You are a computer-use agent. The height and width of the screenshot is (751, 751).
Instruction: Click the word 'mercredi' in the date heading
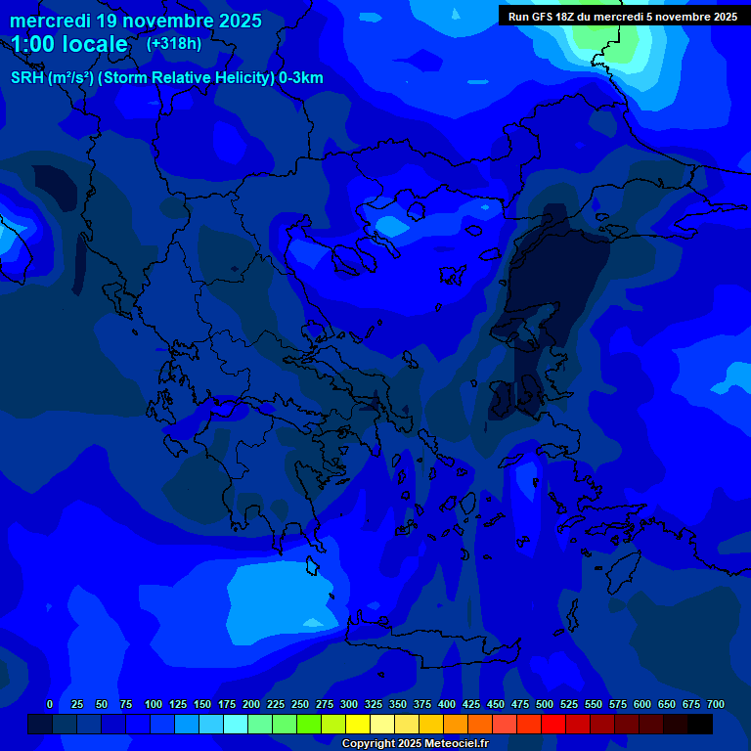[50, 21]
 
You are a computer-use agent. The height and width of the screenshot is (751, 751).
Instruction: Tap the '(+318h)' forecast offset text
[173, 44]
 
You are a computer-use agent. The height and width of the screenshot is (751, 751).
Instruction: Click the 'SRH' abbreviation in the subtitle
[26, 78]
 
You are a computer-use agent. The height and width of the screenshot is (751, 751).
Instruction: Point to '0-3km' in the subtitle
[301, 78]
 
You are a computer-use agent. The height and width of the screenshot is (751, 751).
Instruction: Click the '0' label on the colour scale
[50, 704]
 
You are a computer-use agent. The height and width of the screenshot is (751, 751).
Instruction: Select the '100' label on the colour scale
[154, 704]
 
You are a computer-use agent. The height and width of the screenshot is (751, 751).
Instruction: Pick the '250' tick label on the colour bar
[300, 704]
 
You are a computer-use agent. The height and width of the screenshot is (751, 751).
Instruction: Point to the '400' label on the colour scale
[447, 704]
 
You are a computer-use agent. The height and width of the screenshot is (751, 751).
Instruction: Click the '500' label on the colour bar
[545, 704]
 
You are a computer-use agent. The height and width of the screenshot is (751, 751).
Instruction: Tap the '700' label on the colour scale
[716, 704]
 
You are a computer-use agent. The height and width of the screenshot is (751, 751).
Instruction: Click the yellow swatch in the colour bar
[358, 725]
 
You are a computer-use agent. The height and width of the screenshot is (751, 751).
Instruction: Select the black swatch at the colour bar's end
[700, 725]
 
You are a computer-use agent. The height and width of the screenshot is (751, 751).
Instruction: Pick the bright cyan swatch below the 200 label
[236, 725]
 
